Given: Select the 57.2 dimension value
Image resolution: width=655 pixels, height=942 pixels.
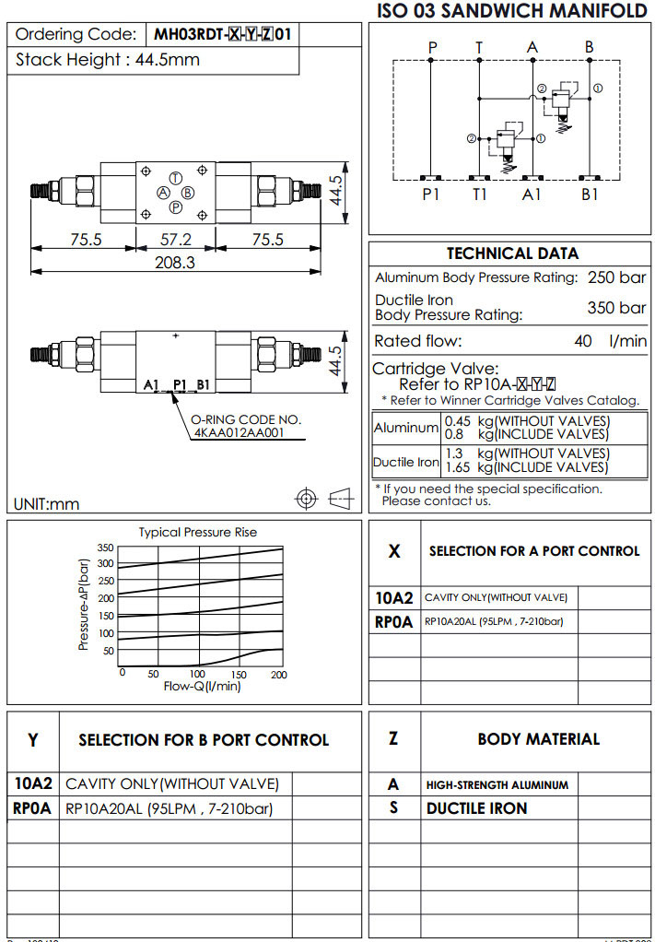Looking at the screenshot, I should pyautogui.click(x=175, y=240).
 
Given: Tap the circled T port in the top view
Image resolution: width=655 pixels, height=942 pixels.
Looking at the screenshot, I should pyautogui.click(x=176, y=177).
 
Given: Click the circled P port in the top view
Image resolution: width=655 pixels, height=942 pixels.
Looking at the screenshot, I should pyautogui.click(x=175, y=207).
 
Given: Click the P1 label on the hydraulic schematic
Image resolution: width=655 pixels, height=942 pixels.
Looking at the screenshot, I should pyautogui.click(x=431, y=194).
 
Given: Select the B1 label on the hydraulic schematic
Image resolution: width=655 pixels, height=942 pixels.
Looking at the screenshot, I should pyautogui.click(x=590, y=194).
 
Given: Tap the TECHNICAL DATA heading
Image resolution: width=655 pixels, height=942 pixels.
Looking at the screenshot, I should pyautogui.click(x=512, y=253).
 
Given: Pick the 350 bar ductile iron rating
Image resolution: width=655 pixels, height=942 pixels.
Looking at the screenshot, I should pyautogui.click(x=616, y=308).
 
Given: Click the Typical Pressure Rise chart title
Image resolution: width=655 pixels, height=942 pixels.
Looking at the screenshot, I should pyautogui.click(x=197, y=532).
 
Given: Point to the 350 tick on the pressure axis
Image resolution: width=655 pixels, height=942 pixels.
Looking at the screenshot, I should pyautogui.click(x=105, y=548).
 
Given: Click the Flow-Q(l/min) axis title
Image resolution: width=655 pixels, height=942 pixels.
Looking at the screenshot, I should pyautogui.click(x=202, y=686).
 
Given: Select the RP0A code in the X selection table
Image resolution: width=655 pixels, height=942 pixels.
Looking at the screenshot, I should pyautogui.click(x=394, y=622).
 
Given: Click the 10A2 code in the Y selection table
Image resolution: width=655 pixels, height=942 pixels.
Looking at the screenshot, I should pyautogui.click(x=33, y=784).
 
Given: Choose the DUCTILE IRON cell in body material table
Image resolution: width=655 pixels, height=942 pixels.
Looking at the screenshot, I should pyautogui.click(x=476, y=808).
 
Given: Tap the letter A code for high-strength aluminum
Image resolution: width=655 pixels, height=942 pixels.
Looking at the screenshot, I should pyautogui.click(x=393, y=785).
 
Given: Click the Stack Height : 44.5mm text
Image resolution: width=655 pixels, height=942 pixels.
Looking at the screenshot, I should pyautogui.click(x=109, y=61).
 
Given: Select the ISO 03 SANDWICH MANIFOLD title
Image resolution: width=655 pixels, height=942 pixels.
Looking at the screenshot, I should pyautogui.click(x=512, y=11).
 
